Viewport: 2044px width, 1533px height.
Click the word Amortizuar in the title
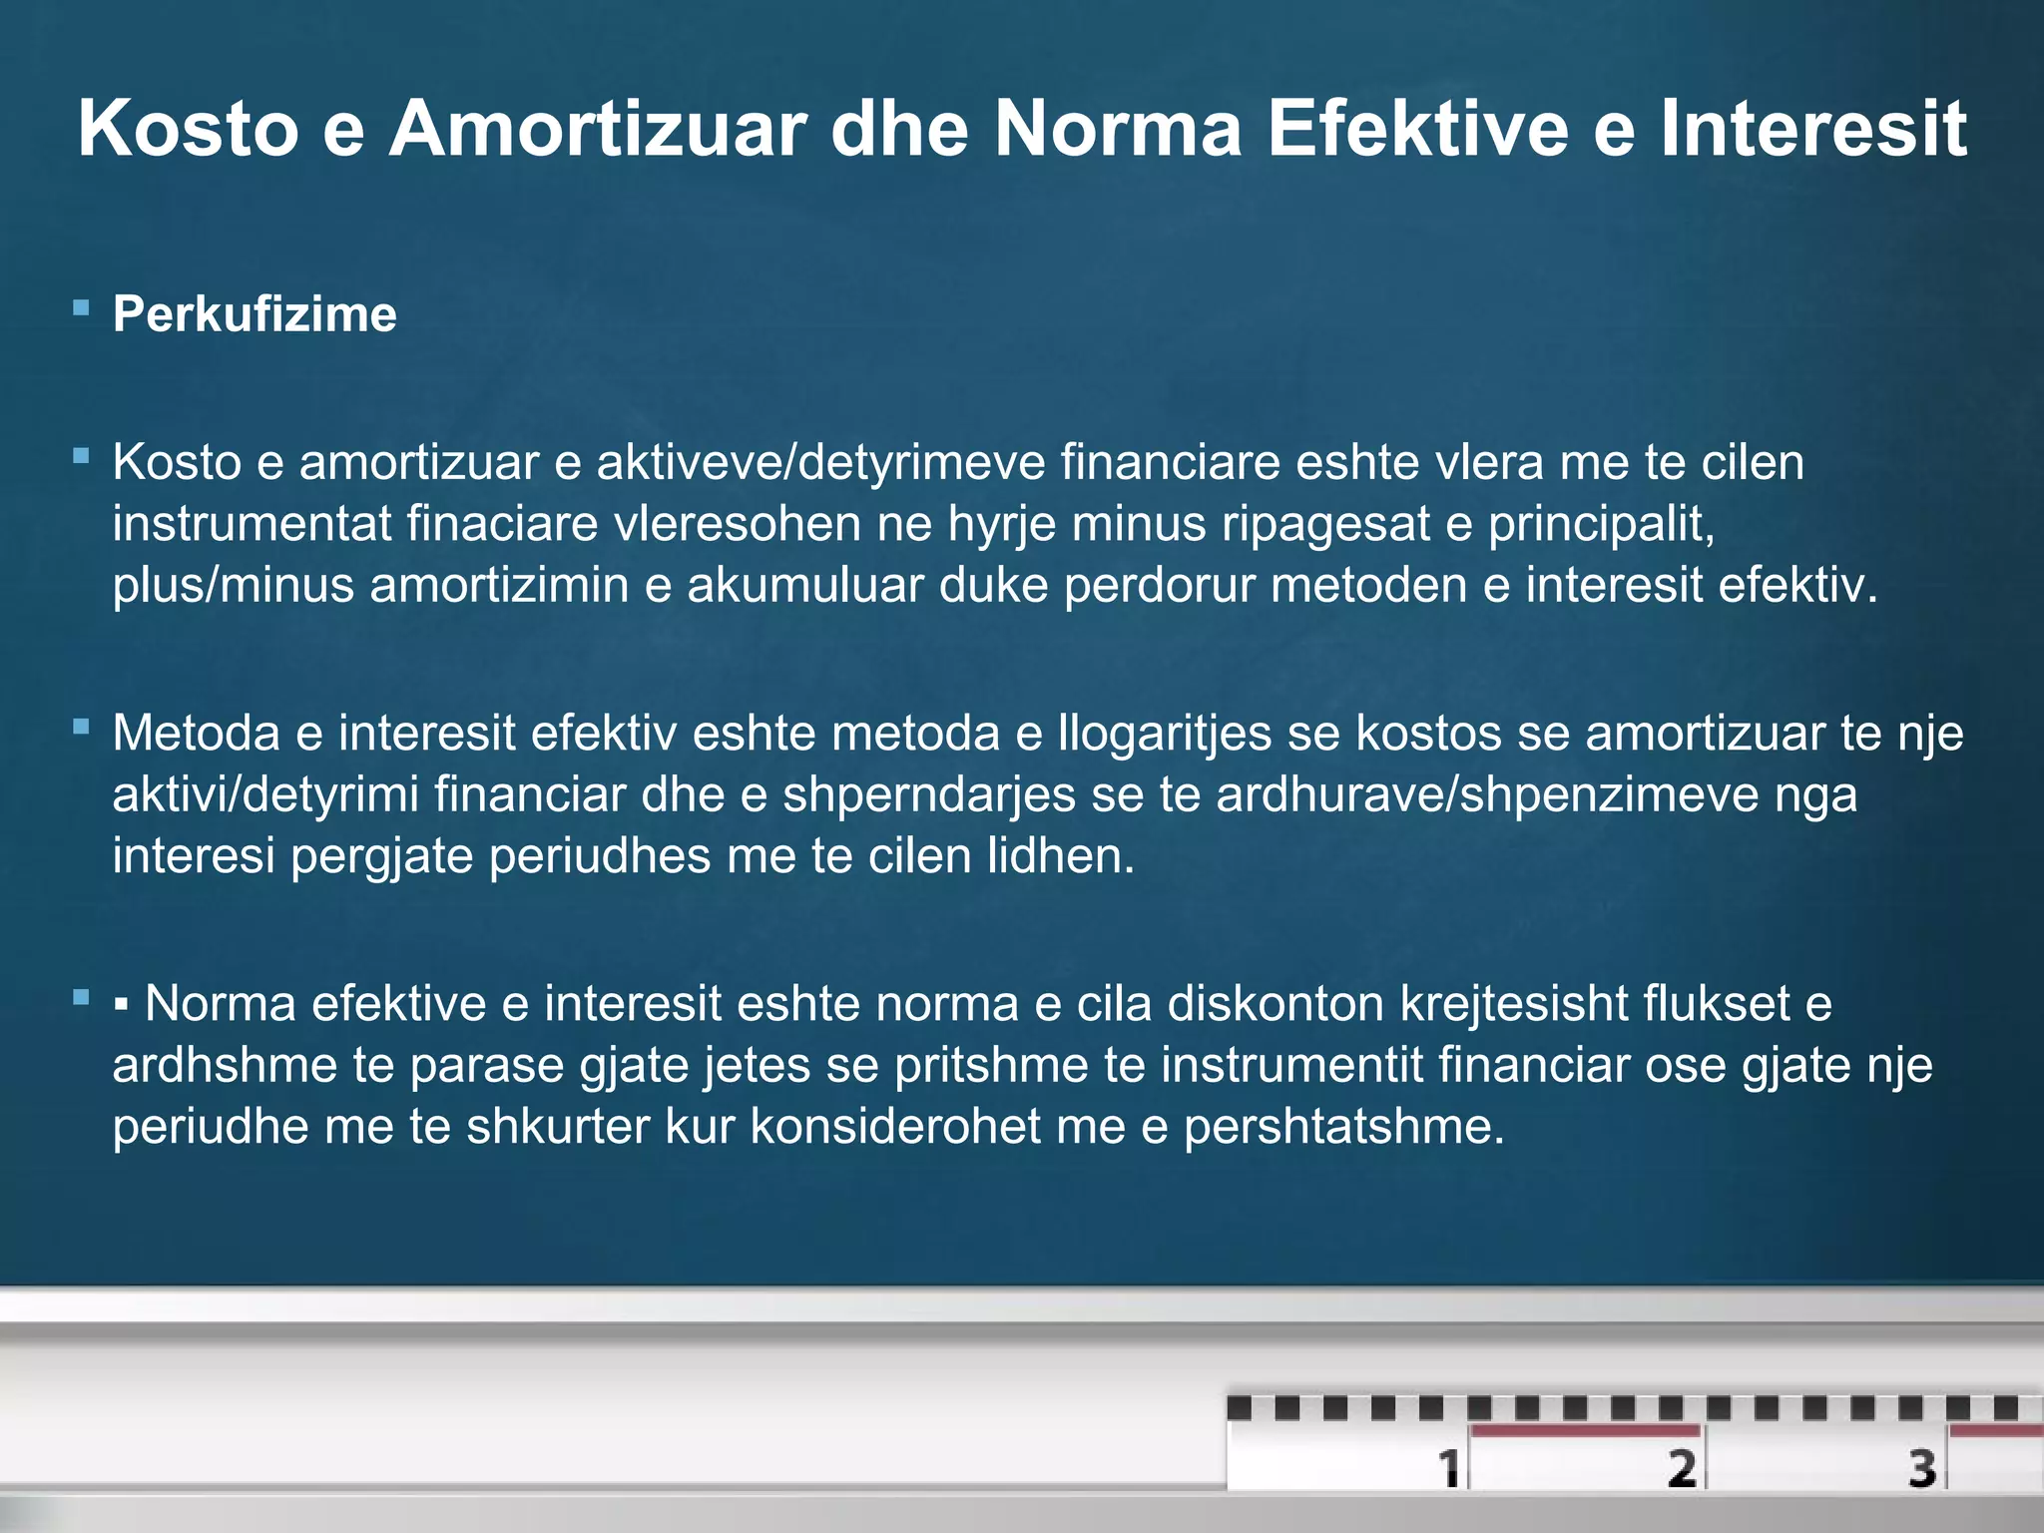pyautogui.click(x=597, y=129)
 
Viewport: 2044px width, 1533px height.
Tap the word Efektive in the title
pyautogui.click(x=1417, y=129)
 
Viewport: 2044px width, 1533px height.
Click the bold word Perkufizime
pyautogui.click(x=255, y=314)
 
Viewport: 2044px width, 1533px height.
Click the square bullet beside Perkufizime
pyautogui.click(x=82, y=307)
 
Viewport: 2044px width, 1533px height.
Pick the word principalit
pyautogui.click(x=1601, y=524)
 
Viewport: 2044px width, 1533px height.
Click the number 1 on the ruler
pyautogui.click(x=1448, y=1468)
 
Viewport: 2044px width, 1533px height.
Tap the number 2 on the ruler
pyautogui.click(x=1682, y=1468)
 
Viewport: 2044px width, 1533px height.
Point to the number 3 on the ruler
pyautogui.click(x=1922, y=1468)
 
